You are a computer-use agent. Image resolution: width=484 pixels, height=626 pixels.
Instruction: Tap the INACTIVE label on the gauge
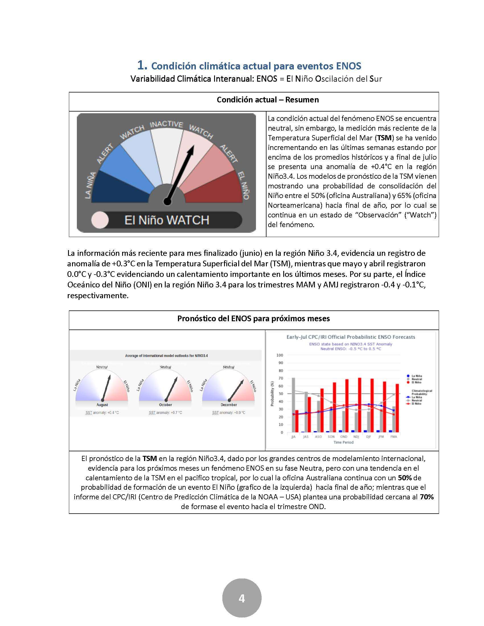(x=166, y=124)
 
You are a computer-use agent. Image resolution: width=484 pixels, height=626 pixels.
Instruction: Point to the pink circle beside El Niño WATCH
(x=100, y=220)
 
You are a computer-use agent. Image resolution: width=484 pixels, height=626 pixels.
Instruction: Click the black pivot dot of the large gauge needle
(x=167, y=202)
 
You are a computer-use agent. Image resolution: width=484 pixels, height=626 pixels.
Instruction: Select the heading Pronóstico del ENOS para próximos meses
(x=253, y=318)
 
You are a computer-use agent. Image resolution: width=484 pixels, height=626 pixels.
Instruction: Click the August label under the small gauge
(x=102, y=405)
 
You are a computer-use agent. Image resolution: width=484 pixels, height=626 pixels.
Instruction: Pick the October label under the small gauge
(x=165, y=405)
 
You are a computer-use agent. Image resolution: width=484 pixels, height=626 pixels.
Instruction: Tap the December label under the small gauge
(x=229, y=405)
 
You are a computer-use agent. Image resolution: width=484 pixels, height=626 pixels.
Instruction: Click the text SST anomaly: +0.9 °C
(x=229, y=413)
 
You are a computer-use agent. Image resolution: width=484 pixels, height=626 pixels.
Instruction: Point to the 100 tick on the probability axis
(x=280, y=355)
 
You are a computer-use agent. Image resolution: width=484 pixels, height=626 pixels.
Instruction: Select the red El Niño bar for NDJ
(x=360, y=405)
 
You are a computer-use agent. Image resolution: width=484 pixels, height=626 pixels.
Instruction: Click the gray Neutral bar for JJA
(x=293, y=405)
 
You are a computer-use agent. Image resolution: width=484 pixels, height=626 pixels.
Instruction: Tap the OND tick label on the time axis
(x=344, y=436)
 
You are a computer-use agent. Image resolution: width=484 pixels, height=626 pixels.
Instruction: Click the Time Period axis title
(x=344, y=442)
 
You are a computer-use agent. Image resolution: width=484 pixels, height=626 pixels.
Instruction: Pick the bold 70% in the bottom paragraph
(x=427, y=497)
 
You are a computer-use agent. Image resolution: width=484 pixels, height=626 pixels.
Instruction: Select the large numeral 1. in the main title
(x=142, y=65)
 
